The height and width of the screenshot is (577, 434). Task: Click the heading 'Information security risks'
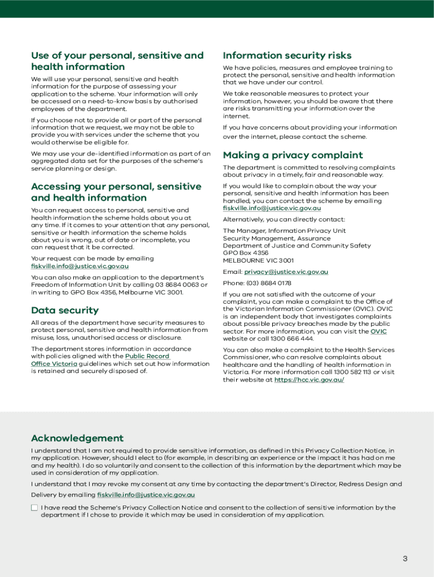(x=287, y=55)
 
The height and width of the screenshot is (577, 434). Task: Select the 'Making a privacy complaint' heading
(x=293, y=155)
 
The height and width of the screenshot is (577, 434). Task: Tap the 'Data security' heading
(x=65, y=310)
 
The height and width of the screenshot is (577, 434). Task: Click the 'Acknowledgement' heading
(x=77, y=438)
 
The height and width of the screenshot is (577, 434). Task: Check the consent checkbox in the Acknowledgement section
(x=34, y=508)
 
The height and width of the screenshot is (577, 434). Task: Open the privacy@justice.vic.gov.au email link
(x=286, y=272)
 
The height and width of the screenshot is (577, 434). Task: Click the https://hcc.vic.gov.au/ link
(x=309, y=380)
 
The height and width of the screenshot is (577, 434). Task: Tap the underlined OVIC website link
(x=378, y=331)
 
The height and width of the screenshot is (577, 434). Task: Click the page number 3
(x=405, y=558)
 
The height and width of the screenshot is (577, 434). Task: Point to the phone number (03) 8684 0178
(x=269, y=283)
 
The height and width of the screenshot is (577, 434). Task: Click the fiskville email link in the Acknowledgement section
(x=146, y=495)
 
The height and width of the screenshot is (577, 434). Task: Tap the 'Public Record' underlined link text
(x=147, y=356)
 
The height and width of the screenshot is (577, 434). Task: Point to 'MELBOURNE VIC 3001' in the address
(x=258, y=260)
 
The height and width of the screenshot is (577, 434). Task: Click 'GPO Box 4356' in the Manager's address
(x=245, y=253)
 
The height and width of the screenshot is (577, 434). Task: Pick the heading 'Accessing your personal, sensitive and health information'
(x=116, y=192)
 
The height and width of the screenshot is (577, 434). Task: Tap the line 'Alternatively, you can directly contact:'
(x=284, y=219)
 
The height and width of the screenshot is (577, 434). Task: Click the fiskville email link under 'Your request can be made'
(x=79, y=266)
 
